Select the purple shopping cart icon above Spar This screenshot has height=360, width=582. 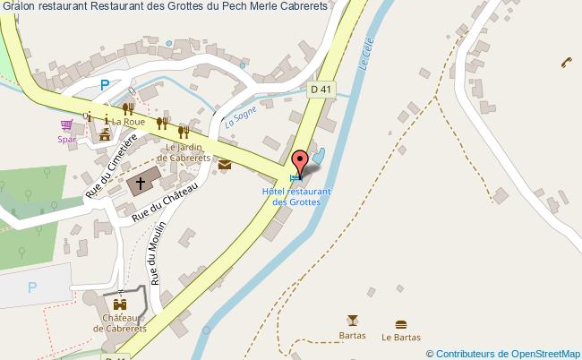[66, 126]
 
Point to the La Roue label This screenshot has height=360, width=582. [128, 122]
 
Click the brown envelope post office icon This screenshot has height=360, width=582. [224, 164]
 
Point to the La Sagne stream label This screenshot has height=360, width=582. [241, 116]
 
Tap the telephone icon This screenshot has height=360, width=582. [566, 62]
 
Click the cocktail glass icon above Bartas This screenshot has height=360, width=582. [351, 321]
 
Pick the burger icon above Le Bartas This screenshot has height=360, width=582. [400, 323]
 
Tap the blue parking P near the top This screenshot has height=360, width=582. [105, 85]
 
